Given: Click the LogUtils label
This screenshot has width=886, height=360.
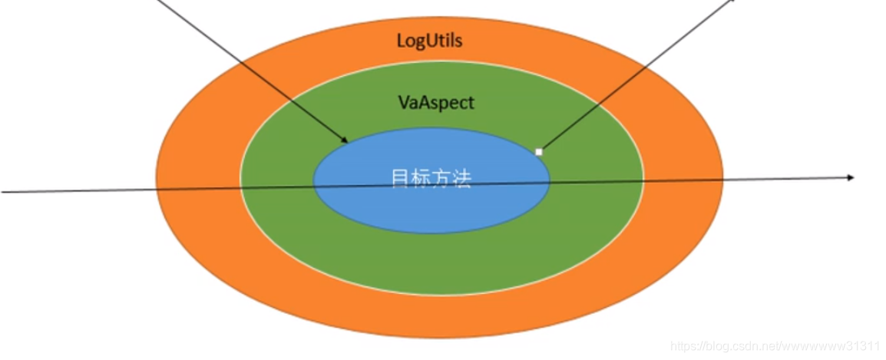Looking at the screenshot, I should click(x=429, y=41).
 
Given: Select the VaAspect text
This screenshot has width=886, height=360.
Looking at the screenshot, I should click(x=435, y=102).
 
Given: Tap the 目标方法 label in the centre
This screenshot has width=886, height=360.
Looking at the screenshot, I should click(x=431, y=179).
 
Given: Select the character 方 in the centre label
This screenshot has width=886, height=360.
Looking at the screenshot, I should click(x=441, y=179).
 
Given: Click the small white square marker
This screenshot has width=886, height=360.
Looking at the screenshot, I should click(x=538, y=152).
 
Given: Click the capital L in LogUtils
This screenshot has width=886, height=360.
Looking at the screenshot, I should click(x=401, y=41).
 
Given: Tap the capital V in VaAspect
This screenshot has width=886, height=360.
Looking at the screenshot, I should click(x=402, y=102).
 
